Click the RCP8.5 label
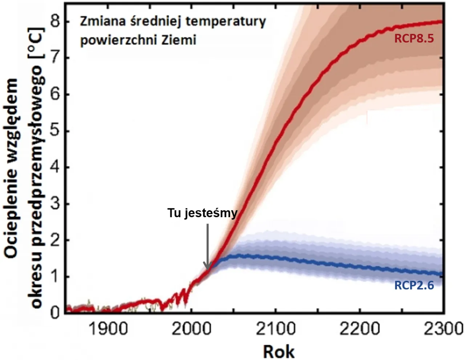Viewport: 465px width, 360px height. pyautogui.click(x=414, y=39)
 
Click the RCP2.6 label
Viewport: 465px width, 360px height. pyautogui.click(x=414, y=285)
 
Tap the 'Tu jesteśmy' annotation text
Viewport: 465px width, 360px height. pyautogui.click(x=202, y=213)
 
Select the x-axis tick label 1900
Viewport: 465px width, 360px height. pyautogui.click(x=108, y=329)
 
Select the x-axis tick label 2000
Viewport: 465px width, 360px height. pyautogui.click(x=191, y=329)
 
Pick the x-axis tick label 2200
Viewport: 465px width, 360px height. pyautogui.click(x=359, y=329)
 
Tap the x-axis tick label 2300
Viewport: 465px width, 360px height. pyautogui.click(x=443, y=329)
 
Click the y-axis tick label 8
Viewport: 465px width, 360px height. pyautogui.click(x=55, y=22)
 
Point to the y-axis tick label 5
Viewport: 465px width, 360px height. pyautogui.click(x=55, y=131)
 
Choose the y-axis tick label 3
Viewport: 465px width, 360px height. pyautogui.click(x=55, y=204)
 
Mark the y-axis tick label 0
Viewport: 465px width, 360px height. pyautogui.click(x=55, y=313)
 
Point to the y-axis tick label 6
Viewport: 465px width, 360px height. pyautogui.click(x=55, y=95)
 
